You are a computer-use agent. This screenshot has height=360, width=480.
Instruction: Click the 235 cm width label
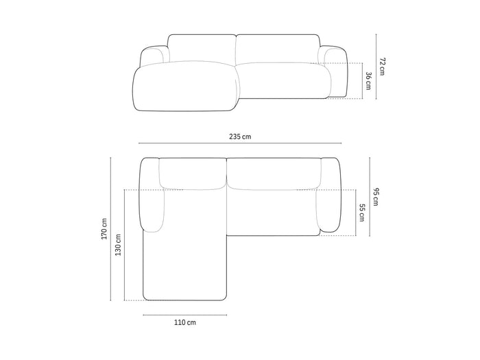(x=240, y=136)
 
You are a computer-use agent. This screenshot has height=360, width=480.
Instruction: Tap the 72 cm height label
(x=383, y=66)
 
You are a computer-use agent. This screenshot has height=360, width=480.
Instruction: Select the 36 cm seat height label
(x=369, y=81)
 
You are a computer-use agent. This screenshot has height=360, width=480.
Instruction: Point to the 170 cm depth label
(x=104, y=228)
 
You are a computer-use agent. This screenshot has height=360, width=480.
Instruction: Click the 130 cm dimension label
(x=118, y=245)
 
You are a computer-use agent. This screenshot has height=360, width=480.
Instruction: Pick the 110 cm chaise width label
(x=185, y=322)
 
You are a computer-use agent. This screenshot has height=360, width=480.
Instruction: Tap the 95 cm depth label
(x=376, y=197)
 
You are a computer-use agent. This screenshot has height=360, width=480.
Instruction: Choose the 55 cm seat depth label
(x=362, y=213)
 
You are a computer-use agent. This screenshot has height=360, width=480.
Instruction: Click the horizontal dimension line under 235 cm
(x=240, y=143)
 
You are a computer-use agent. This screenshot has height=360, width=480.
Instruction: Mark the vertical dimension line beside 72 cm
(x=376, y=67)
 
